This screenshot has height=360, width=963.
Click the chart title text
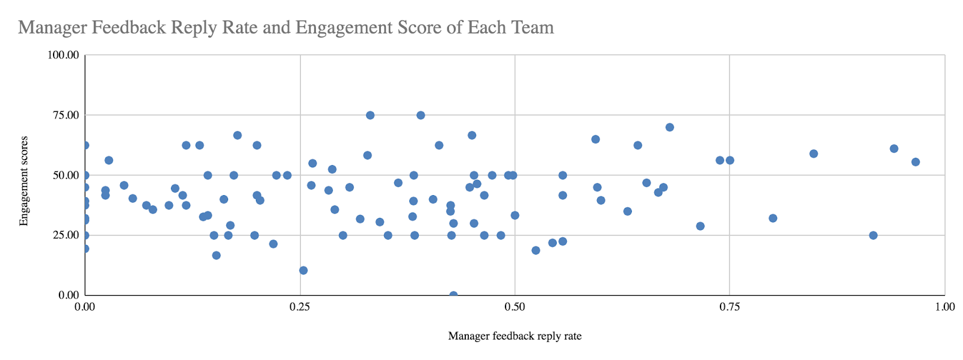point(286,27)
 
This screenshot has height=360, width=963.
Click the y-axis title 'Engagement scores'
point(24,181)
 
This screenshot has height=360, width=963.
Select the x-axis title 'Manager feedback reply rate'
point(515,336)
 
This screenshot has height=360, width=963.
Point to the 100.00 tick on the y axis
point(63,55)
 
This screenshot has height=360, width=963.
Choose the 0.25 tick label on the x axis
point(300,307)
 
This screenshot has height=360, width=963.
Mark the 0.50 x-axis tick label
point(515,307)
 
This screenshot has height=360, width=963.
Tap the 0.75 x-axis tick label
point(729,307)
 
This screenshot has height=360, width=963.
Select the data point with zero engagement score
point(453,295)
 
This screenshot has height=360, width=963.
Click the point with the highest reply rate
point(915,162)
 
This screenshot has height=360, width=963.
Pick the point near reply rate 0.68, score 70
point(669,127)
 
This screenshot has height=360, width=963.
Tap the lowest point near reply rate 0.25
point(303,270)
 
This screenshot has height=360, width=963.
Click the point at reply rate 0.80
point(773,218)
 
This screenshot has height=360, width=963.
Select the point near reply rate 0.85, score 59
point(814,154)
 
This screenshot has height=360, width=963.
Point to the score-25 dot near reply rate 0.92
point(873,235)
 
